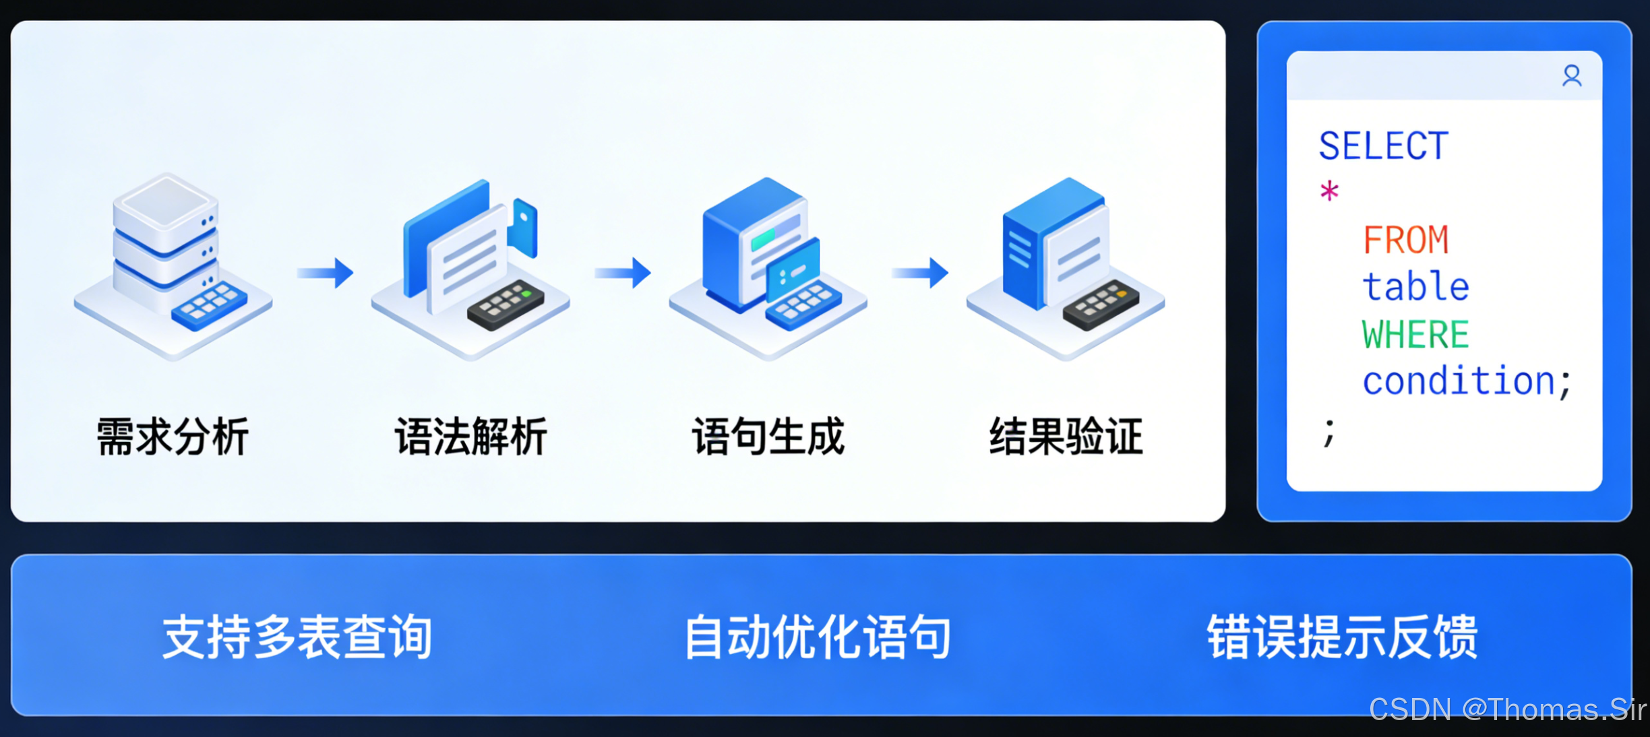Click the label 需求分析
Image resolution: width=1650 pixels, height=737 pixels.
pos(173,437)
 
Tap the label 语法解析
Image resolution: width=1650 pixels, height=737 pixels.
pos(470,437)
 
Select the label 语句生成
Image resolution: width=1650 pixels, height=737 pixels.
pos(768,437)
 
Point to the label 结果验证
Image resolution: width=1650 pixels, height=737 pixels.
pos(1066,437)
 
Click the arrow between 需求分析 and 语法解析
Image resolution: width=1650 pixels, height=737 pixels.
pos(326,273)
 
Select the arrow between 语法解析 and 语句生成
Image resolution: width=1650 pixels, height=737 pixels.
pos(623,273)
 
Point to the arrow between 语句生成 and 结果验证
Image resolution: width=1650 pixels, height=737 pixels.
pos(920,273)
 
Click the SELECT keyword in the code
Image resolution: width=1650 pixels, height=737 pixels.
pos(1383,146)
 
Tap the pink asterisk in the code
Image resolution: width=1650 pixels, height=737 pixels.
pos(1329,192)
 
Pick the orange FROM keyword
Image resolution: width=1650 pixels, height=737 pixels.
pos(1405,240)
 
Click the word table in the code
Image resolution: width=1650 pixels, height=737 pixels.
pos(1415,287)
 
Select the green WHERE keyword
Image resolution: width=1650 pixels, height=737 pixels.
pos(1415,335)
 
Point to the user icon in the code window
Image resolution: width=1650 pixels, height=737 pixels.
pos(1572,76)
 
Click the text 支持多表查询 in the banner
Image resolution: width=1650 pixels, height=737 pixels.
pos(297,637)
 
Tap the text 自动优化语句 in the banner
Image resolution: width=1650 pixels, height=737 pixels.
pos(818,637)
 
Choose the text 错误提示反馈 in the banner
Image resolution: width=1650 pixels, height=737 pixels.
pos(1342,637)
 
